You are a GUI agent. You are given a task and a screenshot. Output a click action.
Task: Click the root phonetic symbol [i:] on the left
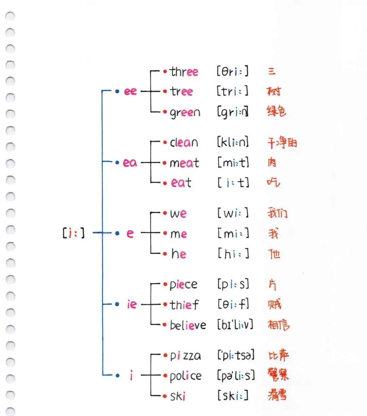point(73,233)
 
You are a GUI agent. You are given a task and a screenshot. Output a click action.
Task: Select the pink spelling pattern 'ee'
point(130,91)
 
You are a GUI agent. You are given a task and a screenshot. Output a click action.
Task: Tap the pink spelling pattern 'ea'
point(130,163)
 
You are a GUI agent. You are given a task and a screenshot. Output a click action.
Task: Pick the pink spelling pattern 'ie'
point(132,304)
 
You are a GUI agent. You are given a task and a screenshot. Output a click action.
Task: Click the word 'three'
point(184,72)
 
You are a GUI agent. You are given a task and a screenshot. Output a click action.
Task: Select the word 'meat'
point(184,163)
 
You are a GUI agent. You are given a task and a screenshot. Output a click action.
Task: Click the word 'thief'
point(184,304)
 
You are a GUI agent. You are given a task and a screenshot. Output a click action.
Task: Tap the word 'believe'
point(188,325)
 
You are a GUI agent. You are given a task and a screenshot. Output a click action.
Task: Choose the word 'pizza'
point(185,356)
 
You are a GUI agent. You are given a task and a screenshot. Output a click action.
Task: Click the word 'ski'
point(178,396)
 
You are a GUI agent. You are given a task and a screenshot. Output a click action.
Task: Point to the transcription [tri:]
point(233,91)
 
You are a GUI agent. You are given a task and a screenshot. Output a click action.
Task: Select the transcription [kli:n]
point(233,142)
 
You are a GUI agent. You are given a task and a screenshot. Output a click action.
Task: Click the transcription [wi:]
point(233,213)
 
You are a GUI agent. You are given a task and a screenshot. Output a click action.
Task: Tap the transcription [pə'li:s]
point(236,376)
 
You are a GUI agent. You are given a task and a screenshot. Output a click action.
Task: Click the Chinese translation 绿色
point(277,111)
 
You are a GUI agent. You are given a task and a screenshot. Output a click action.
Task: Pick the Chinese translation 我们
point(277,213)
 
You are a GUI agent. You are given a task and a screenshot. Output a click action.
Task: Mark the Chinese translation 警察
point(278,375)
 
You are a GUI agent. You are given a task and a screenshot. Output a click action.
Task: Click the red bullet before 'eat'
point(165,183)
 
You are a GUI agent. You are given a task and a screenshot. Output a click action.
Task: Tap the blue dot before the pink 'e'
point(117,233)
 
